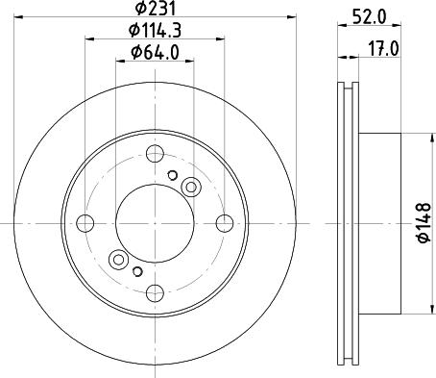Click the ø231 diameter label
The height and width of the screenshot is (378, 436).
point(156,8)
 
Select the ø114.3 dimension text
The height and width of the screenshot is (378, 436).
point(155,31)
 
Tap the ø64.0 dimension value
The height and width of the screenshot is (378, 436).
point(155,52)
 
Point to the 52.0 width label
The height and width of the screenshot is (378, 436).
point(369,16)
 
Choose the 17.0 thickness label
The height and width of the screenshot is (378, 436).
point(383,50)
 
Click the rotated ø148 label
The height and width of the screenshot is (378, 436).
point(424,223)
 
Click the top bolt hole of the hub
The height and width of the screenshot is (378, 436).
point(155,154)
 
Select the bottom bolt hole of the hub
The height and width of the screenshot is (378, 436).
point(155,292)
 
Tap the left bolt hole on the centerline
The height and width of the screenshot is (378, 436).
point(85,223)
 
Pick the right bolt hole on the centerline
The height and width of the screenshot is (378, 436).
point(225,223)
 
